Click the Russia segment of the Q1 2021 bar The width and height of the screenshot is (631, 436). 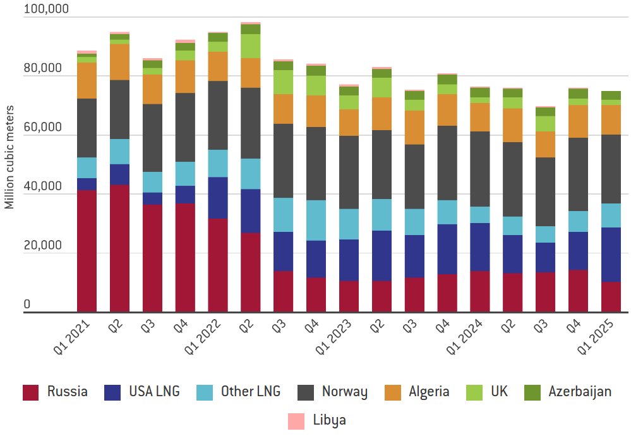point(87,251)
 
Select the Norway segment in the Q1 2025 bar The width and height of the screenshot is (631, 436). point(610,169)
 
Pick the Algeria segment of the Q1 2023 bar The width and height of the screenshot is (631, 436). point(348,123)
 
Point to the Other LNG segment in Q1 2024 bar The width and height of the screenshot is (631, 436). point(479,215)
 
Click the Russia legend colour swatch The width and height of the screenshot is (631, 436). point(31,392)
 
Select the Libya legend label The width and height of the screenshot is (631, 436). point(329,420)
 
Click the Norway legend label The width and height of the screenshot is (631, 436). point(344,392)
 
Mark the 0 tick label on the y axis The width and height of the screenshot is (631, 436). point(27,305)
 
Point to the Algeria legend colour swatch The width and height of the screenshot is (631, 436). point(394,392)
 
